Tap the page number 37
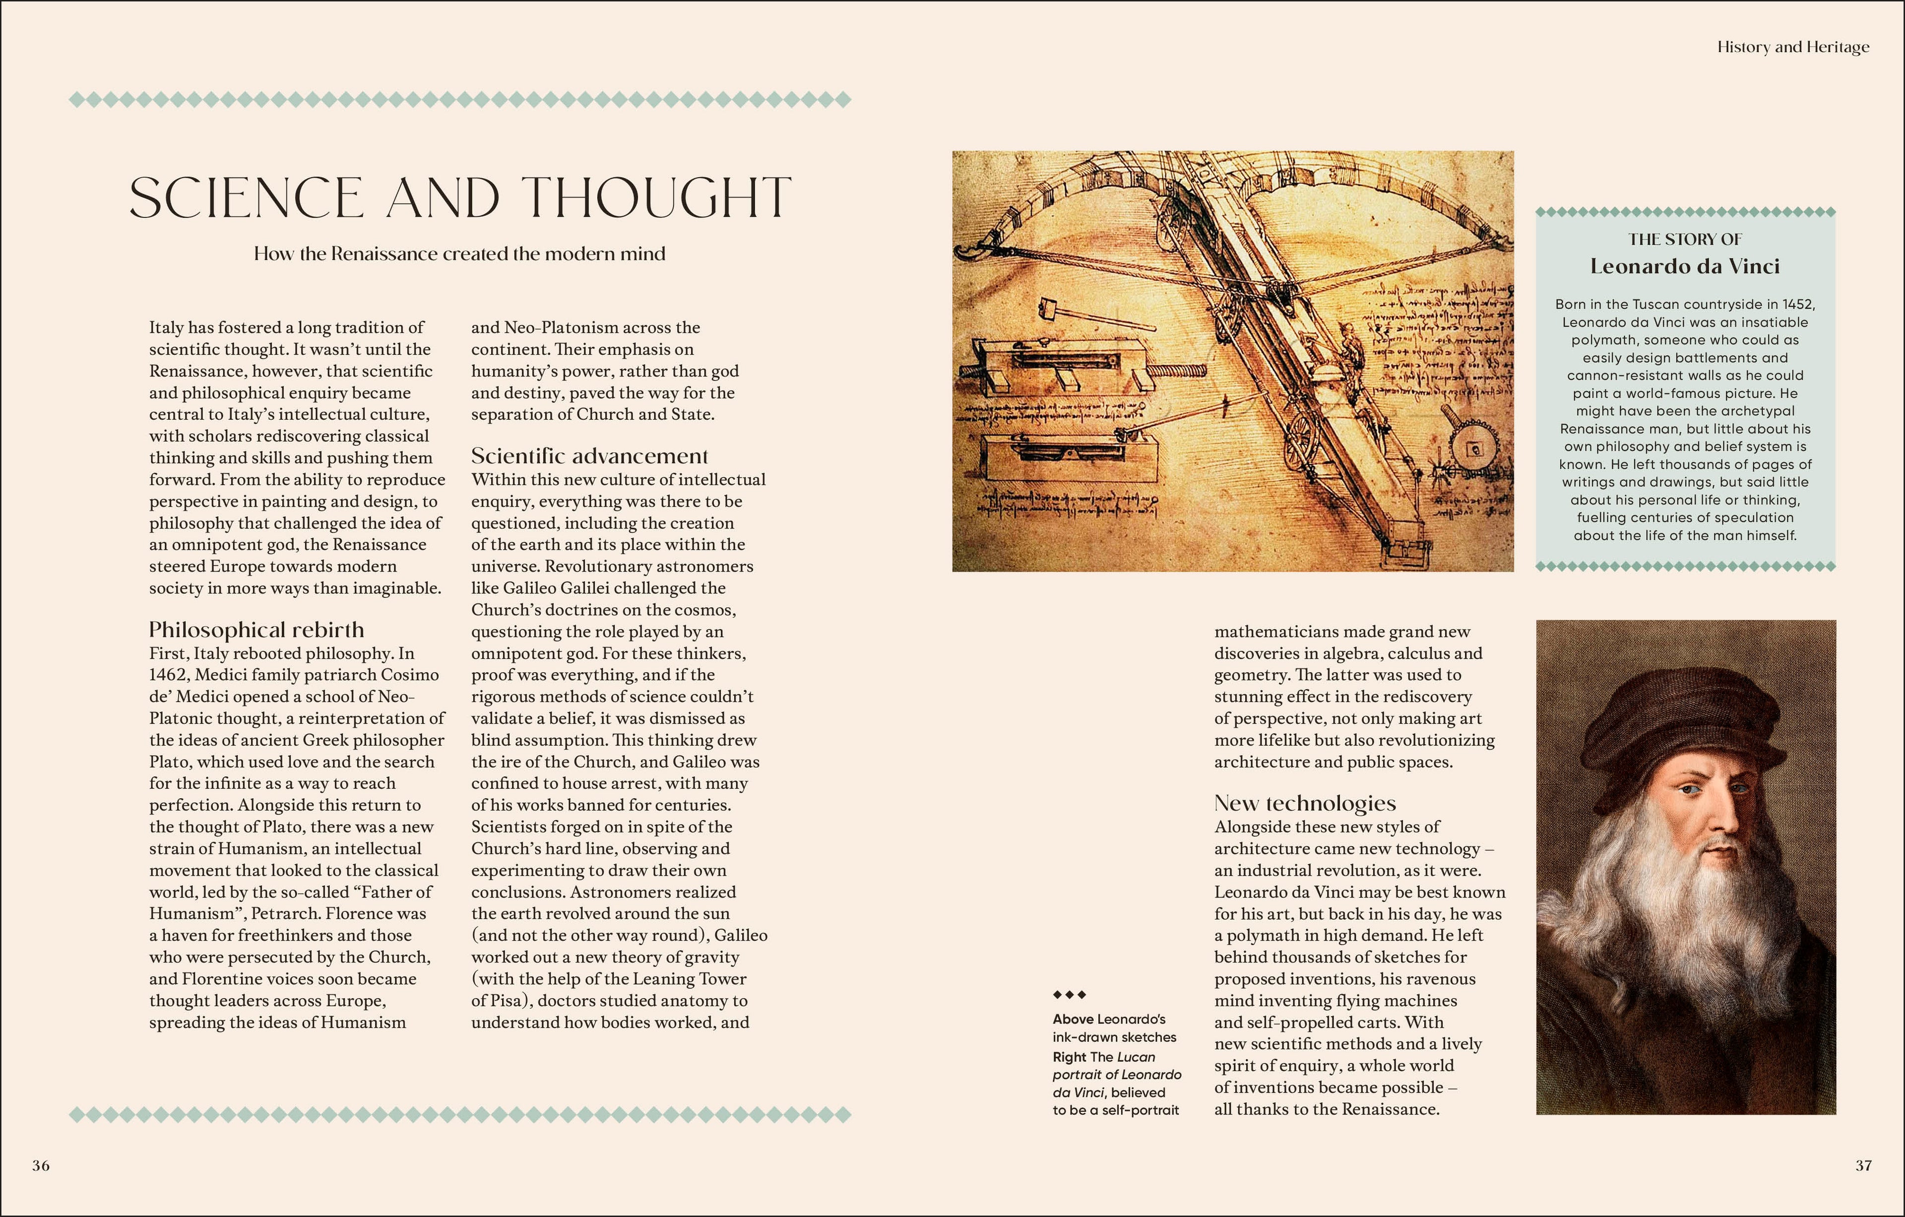(x=1863, y=1165)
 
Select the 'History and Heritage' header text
(x=1793, y=48)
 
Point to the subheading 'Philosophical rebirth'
(x=256, y=630)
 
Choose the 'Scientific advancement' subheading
(x=589, y=456)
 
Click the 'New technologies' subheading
(x=1305, y=803)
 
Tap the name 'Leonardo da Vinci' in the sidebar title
(x=1685, y=266)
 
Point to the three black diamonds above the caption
(x=1070, y=995)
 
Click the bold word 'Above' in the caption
(x=1073, y=1019)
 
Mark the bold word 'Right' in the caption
(x=1069, y=1057)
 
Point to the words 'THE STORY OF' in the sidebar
(x=1685, y=239)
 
